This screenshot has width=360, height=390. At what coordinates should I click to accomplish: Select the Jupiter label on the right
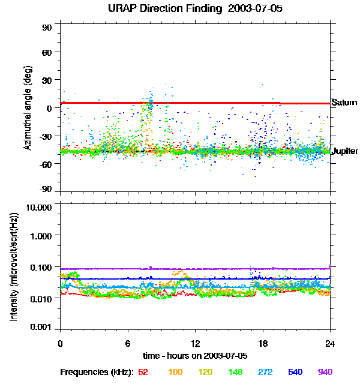[344, 151]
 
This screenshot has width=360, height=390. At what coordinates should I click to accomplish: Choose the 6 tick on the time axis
[128, 343]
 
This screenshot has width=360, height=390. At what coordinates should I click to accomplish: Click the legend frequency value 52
[143, 372]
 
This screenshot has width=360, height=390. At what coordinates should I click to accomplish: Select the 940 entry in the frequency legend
[325, 372]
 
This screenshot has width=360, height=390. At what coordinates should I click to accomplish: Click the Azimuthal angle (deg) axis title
[28, 109]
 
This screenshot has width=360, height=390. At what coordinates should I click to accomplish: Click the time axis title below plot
[195, 356]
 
